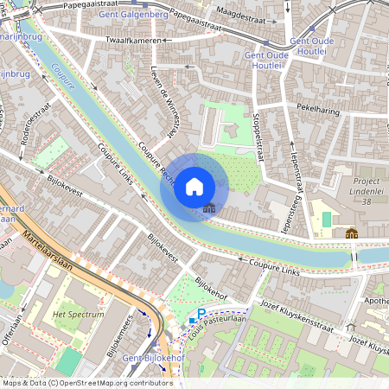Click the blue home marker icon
click(194, 187)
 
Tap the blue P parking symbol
click(201, 314)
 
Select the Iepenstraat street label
click(293, 172)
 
